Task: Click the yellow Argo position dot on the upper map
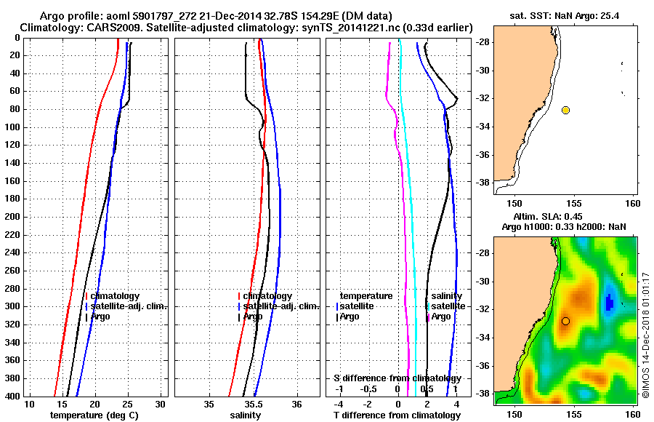pos(565,110)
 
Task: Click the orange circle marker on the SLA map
pos(565,321)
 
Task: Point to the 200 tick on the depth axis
pos(13,217)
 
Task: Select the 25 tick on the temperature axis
pos(127,404)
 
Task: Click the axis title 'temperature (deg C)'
pos(94,415)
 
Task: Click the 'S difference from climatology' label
pos(397,378)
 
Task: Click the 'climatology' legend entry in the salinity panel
pos(267,296)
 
